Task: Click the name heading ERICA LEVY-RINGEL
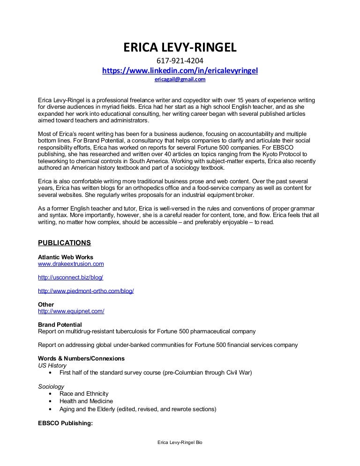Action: point(180,48)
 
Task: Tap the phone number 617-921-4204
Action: point(180,61)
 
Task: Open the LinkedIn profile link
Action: point(180,70)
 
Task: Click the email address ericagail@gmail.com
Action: point(180,80)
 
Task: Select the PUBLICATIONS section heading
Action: point(64,243)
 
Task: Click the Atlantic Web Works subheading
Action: point(65,257)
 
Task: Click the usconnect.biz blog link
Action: point(70,278)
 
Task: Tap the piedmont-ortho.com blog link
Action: point(86,291)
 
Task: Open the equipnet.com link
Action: point(71,311)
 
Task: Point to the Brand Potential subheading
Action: point(60,324)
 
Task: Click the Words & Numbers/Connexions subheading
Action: point(81,359)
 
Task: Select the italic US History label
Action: point(52,366)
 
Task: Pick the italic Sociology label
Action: point(51,386)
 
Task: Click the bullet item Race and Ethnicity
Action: point(84,394)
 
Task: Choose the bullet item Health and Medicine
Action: point(86,401)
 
